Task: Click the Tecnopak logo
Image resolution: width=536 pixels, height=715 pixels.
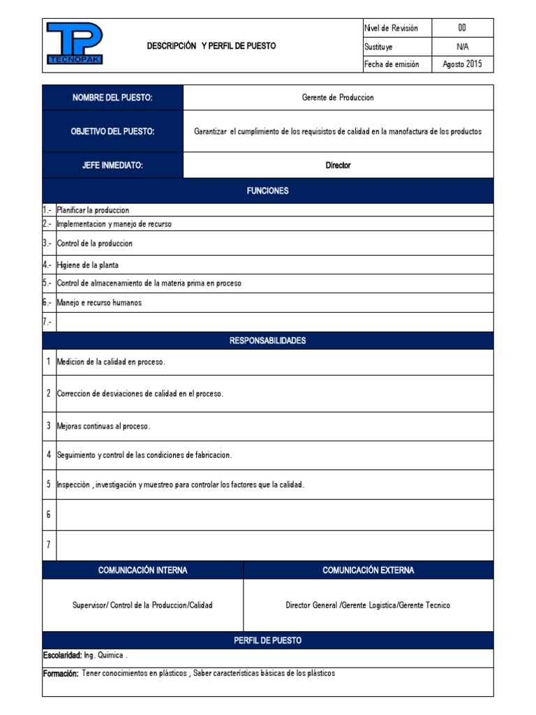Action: pyautogui.click(x=74, y=44)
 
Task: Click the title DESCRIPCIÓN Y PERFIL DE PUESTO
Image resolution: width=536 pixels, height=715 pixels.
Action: pyautogui.click(x=211, y=46)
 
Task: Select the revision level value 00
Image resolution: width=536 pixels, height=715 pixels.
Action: pyautogui.click(x=462, y=28)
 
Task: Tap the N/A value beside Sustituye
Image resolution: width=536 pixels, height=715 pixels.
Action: pyautogui.click(x=462, y=47)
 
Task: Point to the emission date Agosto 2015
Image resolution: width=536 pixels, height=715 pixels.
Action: pyautogui.click(x=462, y=64)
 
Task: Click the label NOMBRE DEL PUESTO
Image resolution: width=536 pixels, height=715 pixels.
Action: pyautogui.click(x=112, y=98)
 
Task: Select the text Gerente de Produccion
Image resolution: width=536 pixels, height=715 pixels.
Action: pyautogui.click(x=338, y=98)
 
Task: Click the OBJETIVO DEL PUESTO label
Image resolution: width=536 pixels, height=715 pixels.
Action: pyautogui.click(x=112, y=131)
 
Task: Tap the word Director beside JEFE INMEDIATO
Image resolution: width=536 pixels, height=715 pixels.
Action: pyautogui.click(x=338, y=165)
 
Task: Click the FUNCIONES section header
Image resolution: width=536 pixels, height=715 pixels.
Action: pyautogui.click(x=267, y=191)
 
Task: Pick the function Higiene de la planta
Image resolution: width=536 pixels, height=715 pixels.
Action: pyautogui.click(x=87, y=265)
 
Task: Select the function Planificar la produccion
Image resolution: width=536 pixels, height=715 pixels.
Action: pyautogui.click(x=93, y=210)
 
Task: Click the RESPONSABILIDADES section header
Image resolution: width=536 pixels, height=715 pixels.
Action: pyautogui.click(x=267, y=341)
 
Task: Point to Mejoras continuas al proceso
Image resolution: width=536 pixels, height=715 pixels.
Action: pyautogui.click(x=103, y=426)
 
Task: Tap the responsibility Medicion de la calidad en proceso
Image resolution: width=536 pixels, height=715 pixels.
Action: pyautogui.click(x=111, y=362)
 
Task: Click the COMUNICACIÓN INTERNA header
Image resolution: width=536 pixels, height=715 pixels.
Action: pyautogui.click(x=142, y=570)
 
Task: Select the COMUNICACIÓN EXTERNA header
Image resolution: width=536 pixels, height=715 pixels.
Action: pyautogui.click(x=368, y=570)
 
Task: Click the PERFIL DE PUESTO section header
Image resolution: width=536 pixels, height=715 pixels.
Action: pyautogui.click(x=267, y=640)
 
